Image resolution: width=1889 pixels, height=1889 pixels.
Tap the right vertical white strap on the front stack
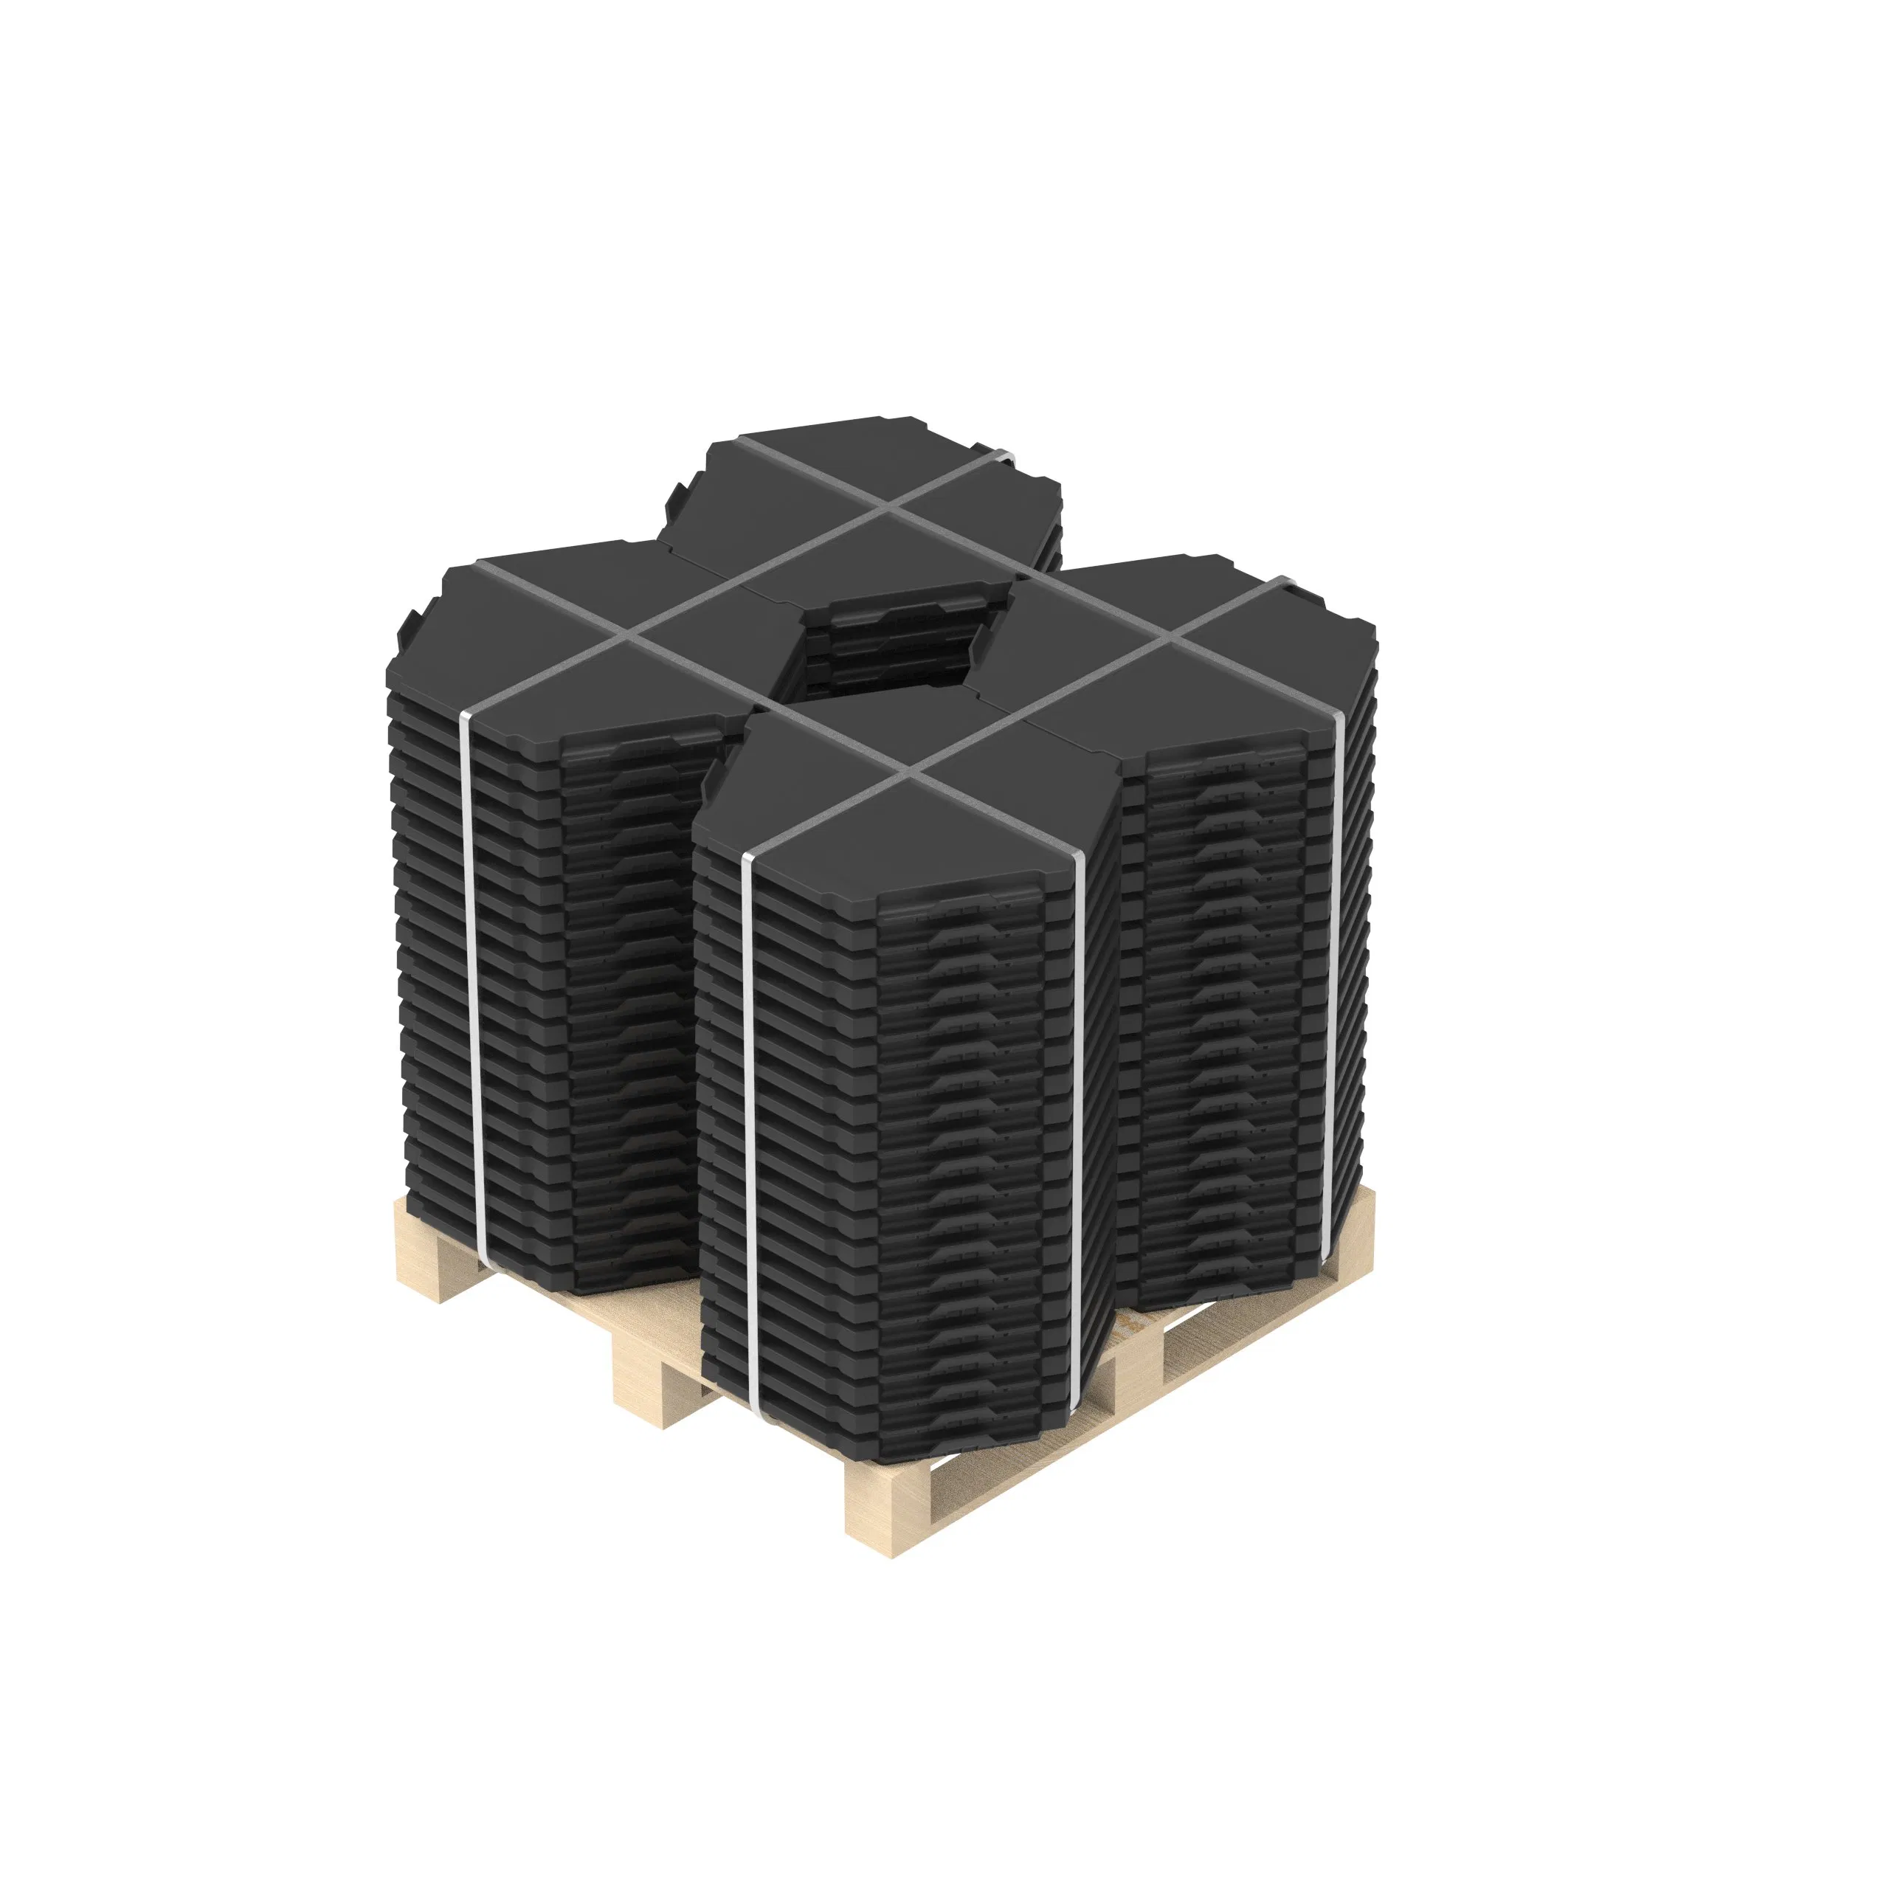1077,1125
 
